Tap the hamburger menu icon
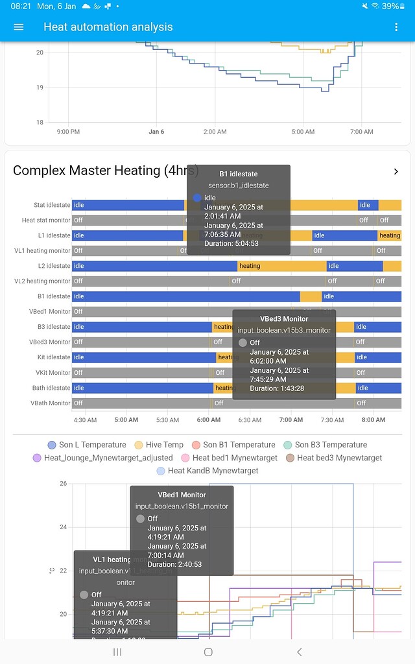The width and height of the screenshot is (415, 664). (18, 27)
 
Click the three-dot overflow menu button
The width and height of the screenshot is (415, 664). (396, 27)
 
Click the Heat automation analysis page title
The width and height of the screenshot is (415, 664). (108, 27)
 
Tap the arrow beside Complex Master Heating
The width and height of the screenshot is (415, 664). (396, 171)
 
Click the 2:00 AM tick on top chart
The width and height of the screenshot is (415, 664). (215, 132)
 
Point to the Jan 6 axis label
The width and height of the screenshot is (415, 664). (156, 132)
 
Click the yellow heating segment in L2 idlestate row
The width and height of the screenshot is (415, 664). (281, 266)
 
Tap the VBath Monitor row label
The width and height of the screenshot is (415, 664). (49, 403)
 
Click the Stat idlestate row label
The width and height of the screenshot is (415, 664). (51, 205)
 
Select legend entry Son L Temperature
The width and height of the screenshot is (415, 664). (87, 445)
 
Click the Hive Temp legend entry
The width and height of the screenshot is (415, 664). (158, 445)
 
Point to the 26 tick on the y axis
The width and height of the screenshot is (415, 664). (63, 484)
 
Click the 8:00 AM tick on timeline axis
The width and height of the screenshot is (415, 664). (373, 420)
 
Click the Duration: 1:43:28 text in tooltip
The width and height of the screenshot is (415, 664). (277, 388)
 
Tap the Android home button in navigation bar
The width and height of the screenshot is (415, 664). (208, 652)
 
